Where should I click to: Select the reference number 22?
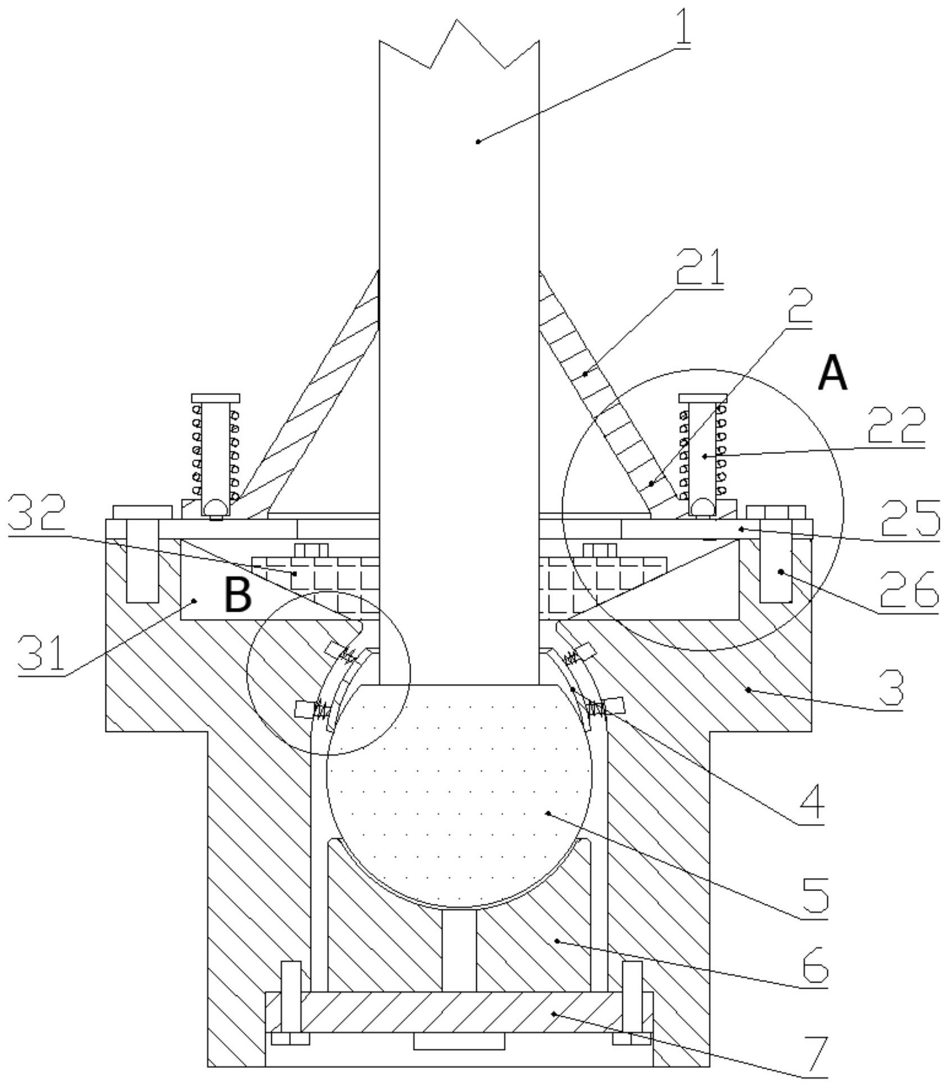[896, 426]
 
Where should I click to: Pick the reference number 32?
[37, 512]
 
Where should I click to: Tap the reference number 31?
[42, 652]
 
